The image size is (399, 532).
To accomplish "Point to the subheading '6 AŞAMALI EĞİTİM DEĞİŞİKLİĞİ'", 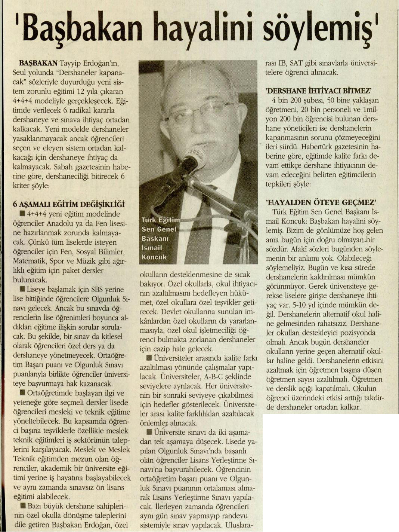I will click(69, 204).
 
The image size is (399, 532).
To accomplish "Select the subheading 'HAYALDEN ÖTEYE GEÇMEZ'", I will click(320, 202).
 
